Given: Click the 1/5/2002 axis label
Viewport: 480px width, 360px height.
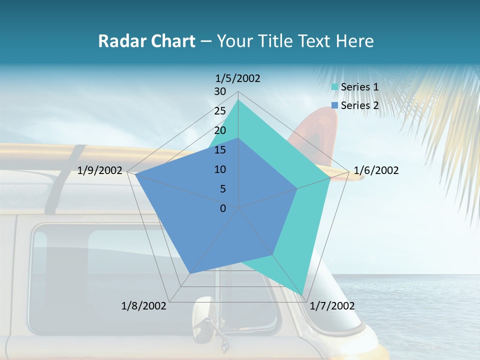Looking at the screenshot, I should pyautogui.click(x=237, y=78).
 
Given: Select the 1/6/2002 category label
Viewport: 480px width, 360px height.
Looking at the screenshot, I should pyautogui.click(x=376, y=170).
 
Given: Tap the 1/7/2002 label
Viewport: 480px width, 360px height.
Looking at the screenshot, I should pyautogui.click(x=332, y=306).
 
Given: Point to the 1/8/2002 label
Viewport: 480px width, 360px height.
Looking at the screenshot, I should pyautogui.click(x=144, y=306).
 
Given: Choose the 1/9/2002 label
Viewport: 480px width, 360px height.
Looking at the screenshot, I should pyautogui.click(x=100, y=170).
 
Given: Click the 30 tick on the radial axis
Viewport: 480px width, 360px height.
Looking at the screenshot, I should pyautogui.click(x=220, y=91).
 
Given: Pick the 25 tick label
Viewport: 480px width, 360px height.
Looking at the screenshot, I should pyautogui.click(x=220, y=111).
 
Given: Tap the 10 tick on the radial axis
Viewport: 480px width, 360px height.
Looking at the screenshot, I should pyautogui.click(x=220, y=169).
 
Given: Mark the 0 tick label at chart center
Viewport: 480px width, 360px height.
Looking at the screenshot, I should pyautogui.click(x=223, y=208).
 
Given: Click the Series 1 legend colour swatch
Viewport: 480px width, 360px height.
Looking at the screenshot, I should pyautogui.click(x=334, y=87).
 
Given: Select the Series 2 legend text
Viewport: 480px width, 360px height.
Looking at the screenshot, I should pyautogui.click(x=359, y=105).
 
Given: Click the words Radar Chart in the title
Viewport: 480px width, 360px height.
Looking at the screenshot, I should pyautogui.click(x=146, y=41).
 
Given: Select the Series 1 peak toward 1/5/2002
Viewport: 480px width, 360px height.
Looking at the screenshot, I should pyautogui.click(x=238, y=100).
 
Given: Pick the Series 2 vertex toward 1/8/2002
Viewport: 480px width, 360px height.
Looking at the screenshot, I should pyautogui.click(x=190, y=273).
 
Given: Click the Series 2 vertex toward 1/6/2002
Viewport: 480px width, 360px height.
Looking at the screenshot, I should pyautogui.click(x=297, y=188).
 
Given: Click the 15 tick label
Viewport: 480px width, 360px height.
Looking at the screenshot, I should pyautogui.click(x=220, y=150).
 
